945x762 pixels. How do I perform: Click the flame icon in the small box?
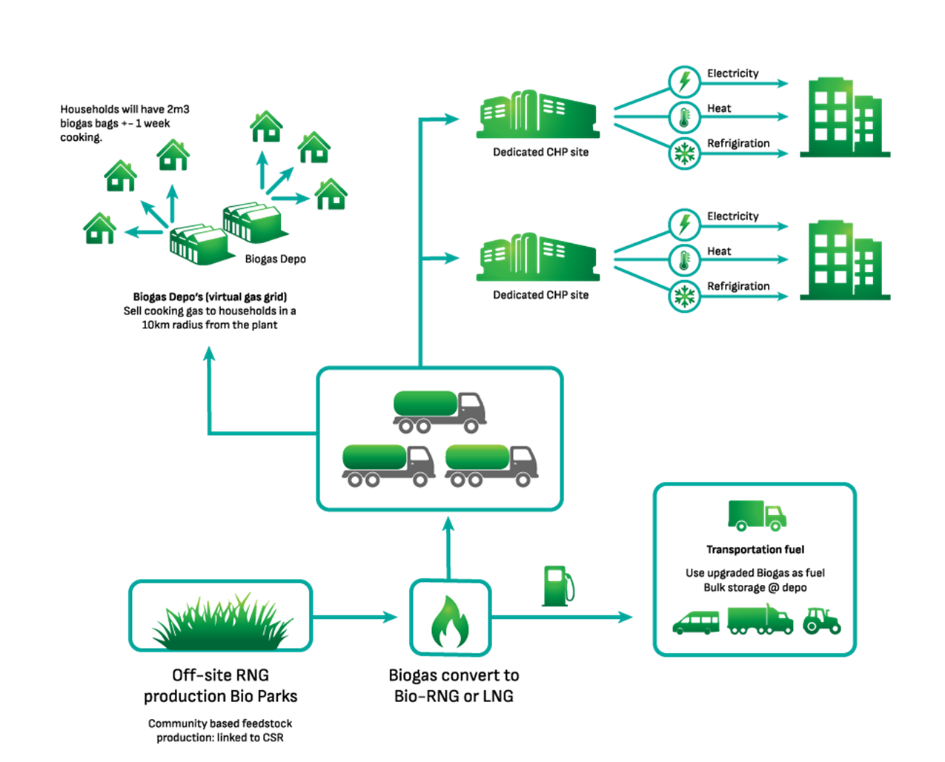coord(449,621)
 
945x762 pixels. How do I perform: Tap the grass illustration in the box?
coord(221,623)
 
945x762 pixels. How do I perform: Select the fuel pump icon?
coord(557,586)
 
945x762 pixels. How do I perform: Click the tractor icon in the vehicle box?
coord(821,621)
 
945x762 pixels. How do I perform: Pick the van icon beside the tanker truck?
coord(696,623)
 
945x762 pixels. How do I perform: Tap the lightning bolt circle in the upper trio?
coord(684,82)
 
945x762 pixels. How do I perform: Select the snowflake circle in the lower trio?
coord(684,297)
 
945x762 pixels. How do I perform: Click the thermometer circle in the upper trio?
coord(684,117)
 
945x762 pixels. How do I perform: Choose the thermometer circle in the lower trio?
coord(684,261)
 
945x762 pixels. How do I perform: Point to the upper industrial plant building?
coord(537,115)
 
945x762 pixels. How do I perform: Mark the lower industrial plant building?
coord(537,258)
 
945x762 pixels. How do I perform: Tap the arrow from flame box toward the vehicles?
coord(563,617)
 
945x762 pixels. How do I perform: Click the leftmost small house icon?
coord(99,228)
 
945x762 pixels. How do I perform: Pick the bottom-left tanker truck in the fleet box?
coord(388,466)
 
